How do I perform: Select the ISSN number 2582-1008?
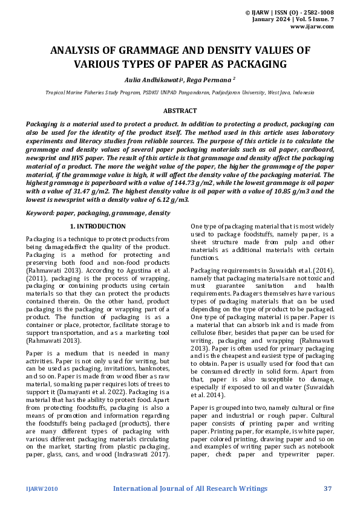(x=316, y=12)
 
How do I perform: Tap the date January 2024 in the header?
(x=272, y=19)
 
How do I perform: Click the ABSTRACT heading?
(x=180, y=111)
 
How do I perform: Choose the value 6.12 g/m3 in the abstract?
(x=169, y=199)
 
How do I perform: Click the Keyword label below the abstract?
(x=38, y=213)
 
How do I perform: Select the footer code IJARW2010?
(x=41, y=488)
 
